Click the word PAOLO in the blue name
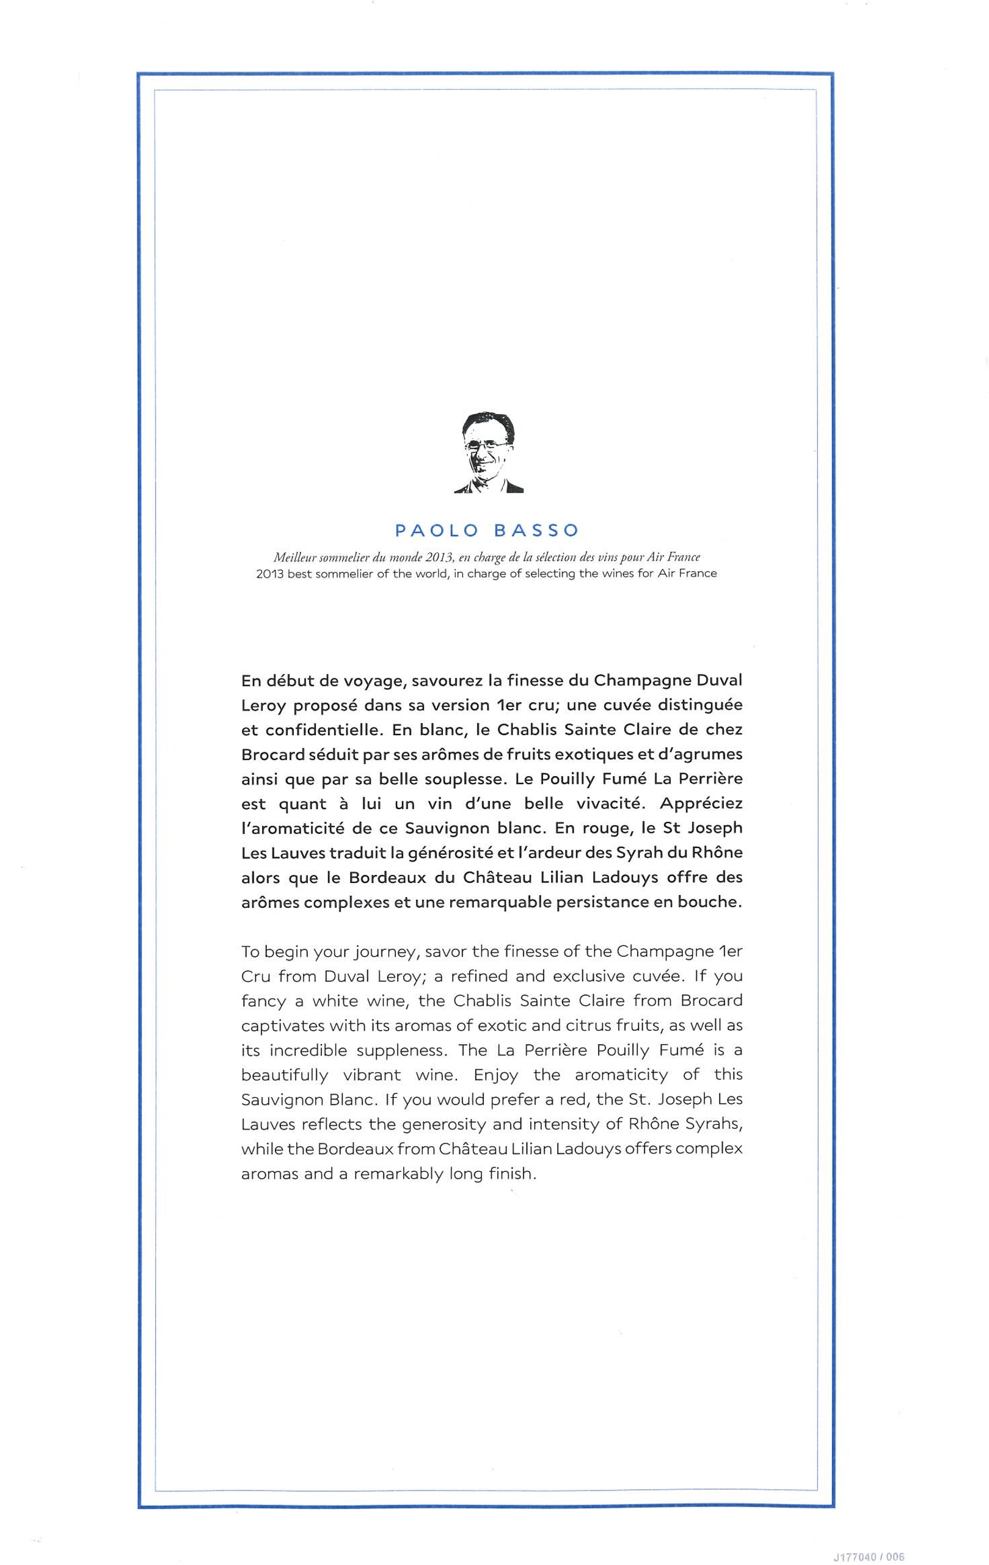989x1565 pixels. [x=436, y=531]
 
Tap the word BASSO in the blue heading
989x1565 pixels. [x=536, y=531]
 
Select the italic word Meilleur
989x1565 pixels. [x=294, y=557]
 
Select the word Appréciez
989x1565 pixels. [x=700, y=804]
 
